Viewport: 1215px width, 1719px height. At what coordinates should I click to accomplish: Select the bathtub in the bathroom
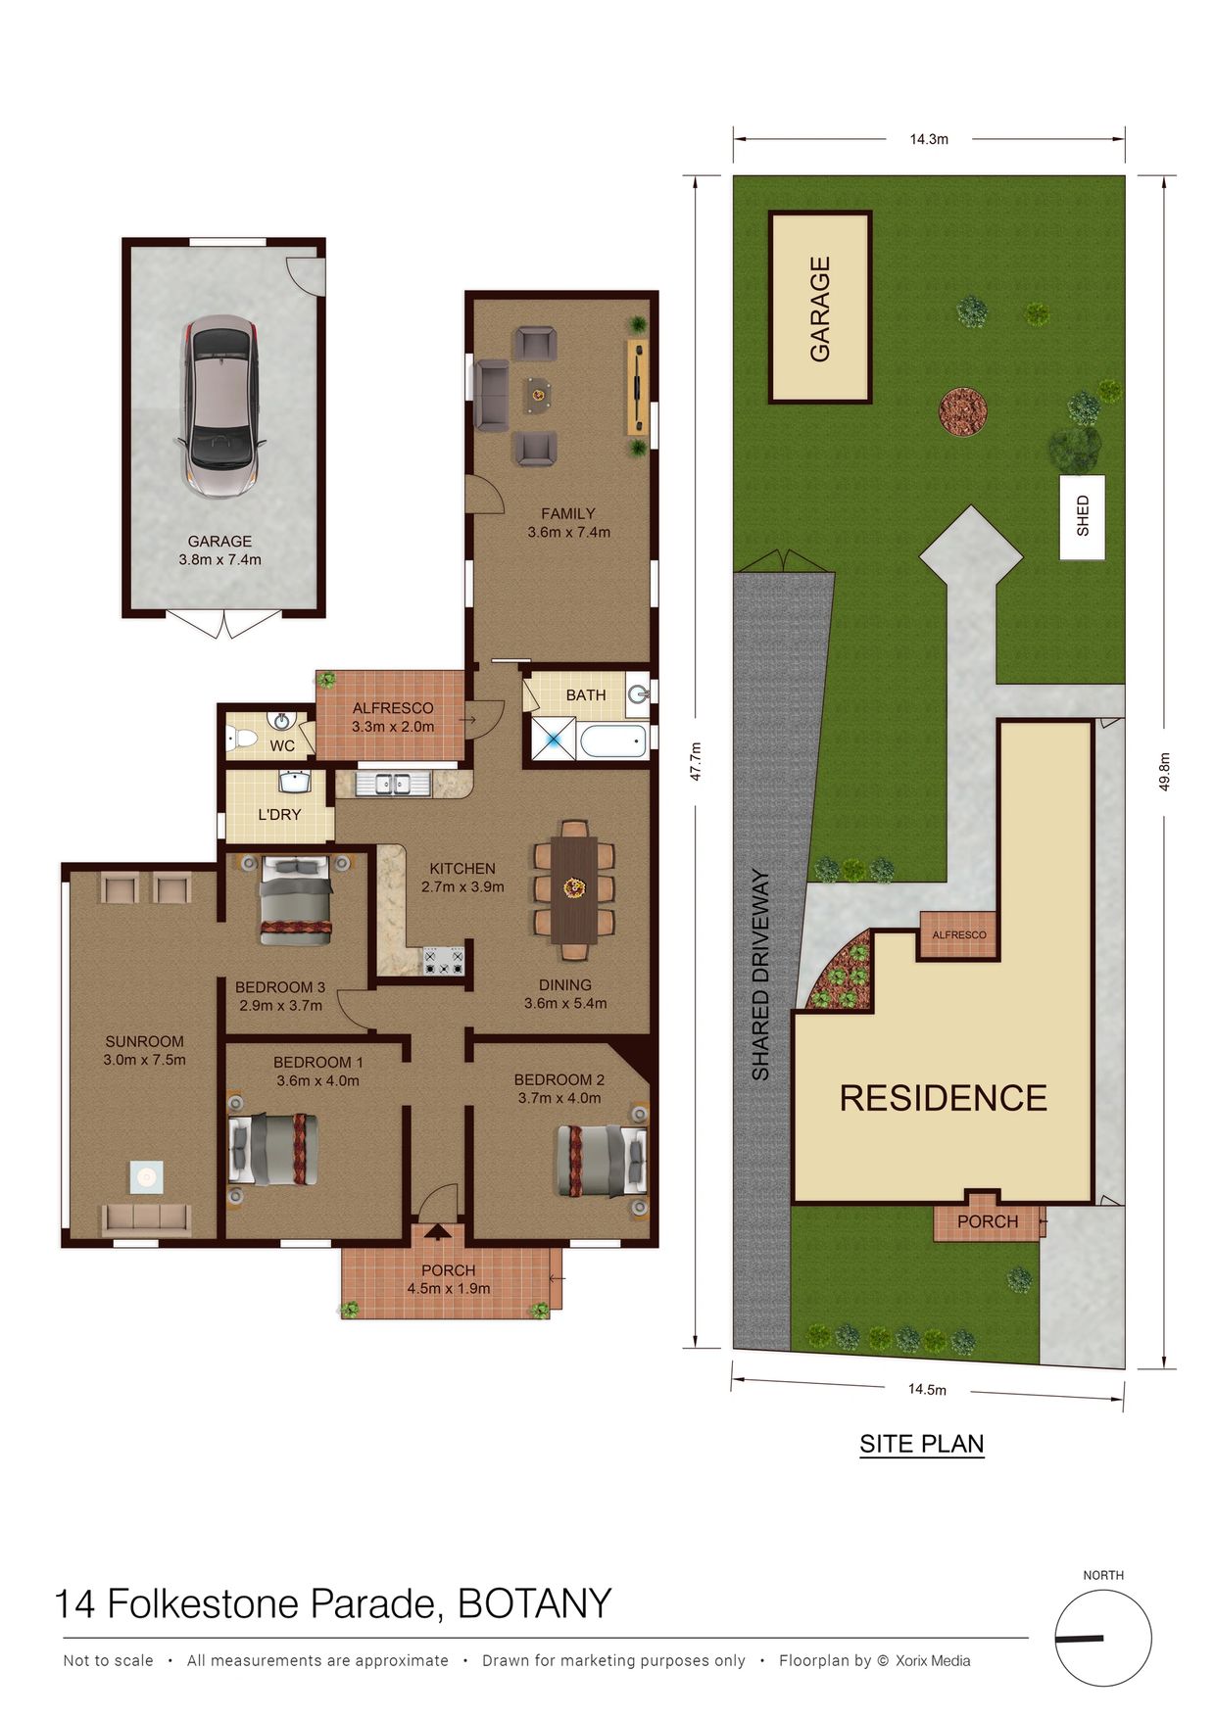(x=613, y=740)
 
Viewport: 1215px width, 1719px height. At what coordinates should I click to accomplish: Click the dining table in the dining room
(x=573, y=889)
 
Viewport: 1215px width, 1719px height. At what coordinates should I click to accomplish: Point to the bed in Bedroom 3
(x=295, y=900)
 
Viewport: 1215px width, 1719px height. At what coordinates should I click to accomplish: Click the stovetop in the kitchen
(x=443, y=961)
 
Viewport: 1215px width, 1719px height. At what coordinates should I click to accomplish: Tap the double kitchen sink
(x=392, y=784)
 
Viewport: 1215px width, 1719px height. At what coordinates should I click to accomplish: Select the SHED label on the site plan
(x=1083, y=515)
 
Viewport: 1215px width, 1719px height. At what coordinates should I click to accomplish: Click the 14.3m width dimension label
(x=929, y=139)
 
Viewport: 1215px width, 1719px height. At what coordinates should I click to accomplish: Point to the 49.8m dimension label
(x=1164, y=772)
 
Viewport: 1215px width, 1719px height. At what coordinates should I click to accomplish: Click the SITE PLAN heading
(x=922, y=1444)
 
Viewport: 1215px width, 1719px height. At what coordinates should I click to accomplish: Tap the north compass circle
(x=1103, y=1638)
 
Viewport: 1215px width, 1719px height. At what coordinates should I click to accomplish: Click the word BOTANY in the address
(x=534, y=1603)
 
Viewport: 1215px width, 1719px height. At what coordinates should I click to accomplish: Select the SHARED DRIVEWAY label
(x=761, y=975)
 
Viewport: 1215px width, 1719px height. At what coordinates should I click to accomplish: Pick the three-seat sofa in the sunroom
(x=147, y=1220)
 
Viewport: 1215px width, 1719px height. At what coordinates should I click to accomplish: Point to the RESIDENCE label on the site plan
(x=944, y=1098)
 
